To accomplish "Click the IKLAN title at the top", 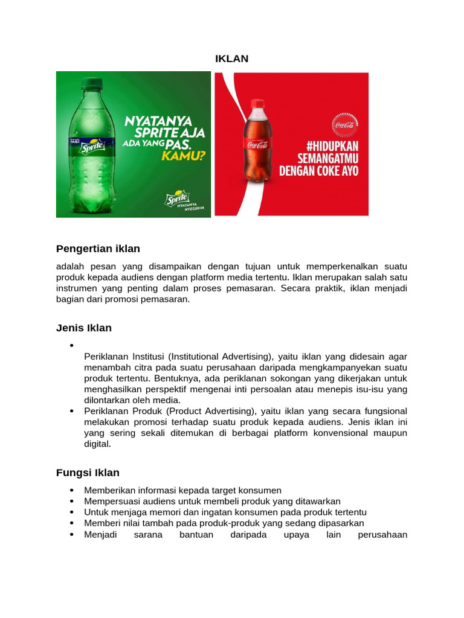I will point(232,59).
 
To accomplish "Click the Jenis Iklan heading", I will point(84,328).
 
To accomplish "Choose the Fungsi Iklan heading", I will point(88,473).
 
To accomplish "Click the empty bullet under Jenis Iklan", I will point(72,346).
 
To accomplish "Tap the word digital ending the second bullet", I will point(98,444).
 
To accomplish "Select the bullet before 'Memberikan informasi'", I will point(72,491).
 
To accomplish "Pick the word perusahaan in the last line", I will point(382,535).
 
